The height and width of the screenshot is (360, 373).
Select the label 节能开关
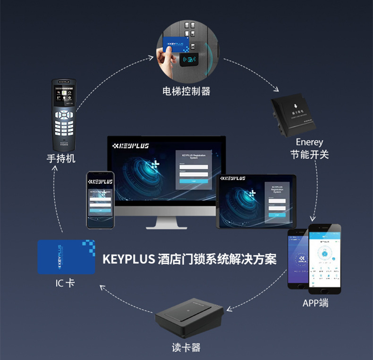[x=309, y=154]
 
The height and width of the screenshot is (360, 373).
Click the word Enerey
[x=309, y=142]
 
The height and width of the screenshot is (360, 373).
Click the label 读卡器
[x=186, y=348]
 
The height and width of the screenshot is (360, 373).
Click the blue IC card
[x=66, y=257]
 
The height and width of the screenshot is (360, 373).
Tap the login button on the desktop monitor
[x=193, y=180]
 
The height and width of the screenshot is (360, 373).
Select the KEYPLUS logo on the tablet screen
[x=233, y=179]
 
